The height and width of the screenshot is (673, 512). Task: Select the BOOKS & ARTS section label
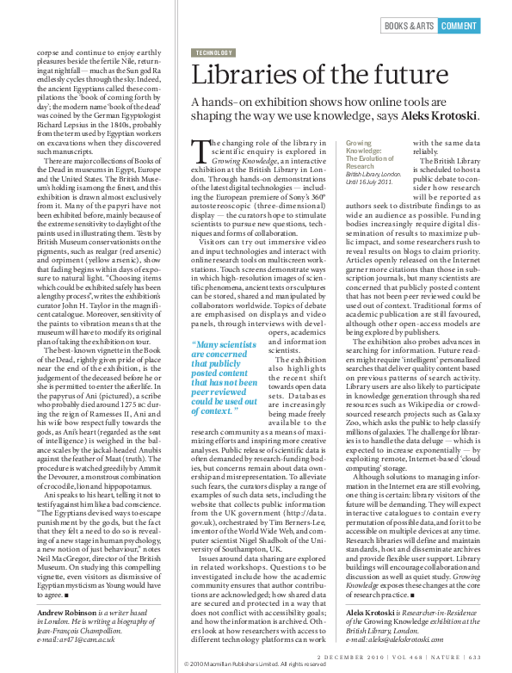[x=409, y=26]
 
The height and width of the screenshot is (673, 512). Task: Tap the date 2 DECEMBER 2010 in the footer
[x=347, y=657]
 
